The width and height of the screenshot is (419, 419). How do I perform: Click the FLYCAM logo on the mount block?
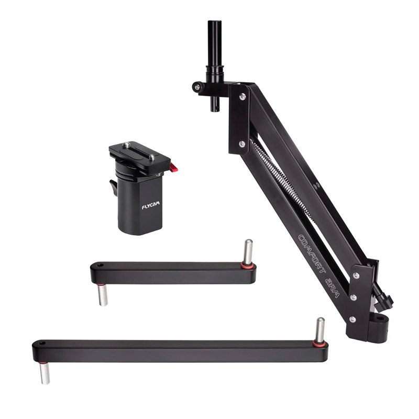tap(150, 205)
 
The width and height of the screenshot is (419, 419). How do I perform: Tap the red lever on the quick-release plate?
tap(174, 168)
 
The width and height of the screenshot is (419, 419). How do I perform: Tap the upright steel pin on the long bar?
tap(320, 330)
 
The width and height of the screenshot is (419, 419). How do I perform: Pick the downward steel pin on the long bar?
tap(45, 373)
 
